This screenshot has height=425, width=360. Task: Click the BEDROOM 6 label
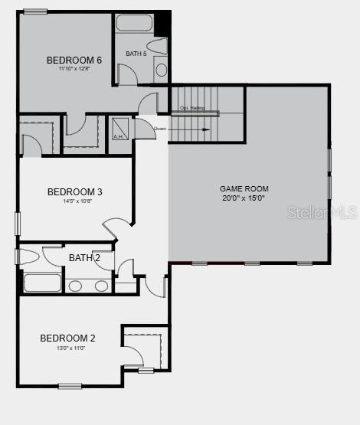(x=74, y=60)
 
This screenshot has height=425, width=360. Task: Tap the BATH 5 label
(x=136, y=54)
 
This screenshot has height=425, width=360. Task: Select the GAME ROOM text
(x=244, y=188)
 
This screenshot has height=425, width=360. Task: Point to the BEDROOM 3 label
(x=74, y=192)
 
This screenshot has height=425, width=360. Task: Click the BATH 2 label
(x=84, y=258)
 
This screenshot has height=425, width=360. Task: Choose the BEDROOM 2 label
(x=67, y=338)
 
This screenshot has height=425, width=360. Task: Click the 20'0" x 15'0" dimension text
(x=244, y=198)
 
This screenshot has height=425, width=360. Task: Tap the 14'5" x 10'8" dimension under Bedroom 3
(x=74, y=202)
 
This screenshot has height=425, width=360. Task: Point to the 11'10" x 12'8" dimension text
(x=74, y=69)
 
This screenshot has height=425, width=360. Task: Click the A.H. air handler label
(x=119, y=137)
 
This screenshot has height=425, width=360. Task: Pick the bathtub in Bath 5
(x=135, y=21)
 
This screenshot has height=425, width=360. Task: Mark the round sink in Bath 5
(x=161, y=71)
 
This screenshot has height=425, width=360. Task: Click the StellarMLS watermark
(x=322, y=212)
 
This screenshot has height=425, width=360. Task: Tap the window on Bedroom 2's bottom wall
(x=70, y=386)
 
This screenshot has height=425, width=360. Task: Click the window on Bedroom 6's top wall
(x=34, y=11)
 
